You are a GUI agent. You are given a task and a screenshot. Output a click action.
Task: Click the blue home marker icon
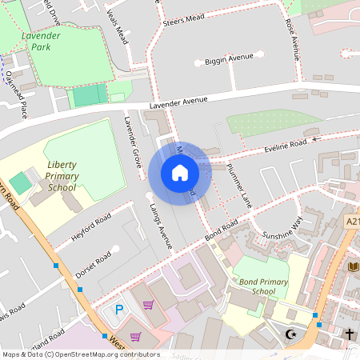tap(179, 172)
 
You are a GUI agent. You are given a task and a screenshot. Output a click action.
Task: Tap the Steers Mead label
tap(184, 22)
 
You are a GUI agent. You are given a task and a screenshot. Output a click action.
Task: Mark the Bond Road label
tap(222, 230)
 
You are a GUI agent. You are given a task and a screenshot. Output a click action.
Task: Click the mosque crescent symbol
tap(290, 334)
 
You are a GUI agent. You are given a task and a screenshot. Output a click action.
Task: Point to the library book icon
tap(354, 266)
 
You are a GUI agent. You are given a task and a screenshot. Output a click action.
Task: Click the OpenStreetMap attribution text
tap(80, 354)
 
